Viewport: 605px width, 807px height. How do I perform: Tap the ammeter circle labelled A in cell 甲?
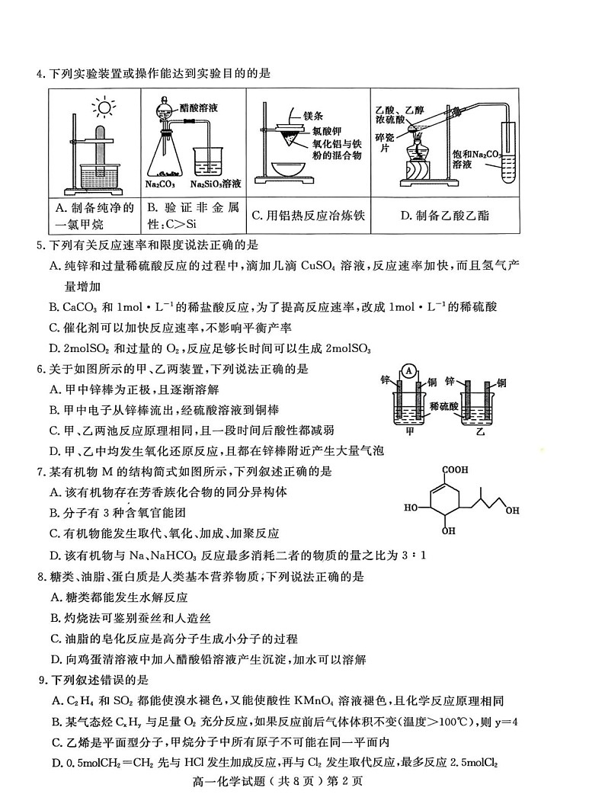tap(410, 371)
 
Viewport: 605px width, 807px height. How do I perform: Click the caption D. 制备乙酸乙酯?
tap(444, 216)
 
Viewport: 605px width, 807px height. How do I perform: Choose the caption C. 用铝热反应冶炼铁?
tap(308, 216)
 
